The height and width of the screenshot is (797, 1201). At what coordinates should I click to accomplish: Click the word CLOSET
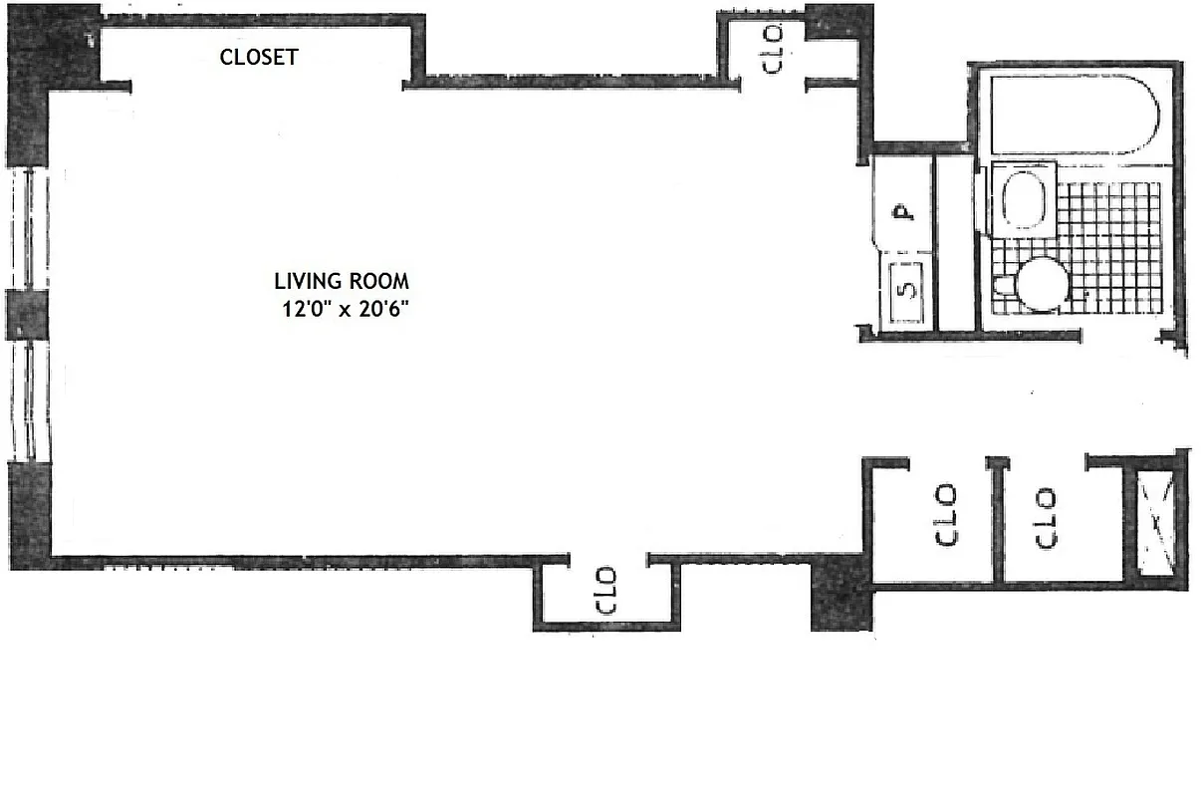tap(258, 57)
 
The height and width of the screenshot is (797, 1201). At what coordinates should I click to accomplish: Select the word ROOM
tap(380, 281)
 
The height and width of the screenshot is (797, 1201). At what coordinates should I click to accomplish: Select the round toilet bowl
tap(1042, 284)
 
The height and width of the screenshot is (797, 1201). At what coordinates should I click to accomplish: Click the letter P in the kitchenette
tap(902, 211)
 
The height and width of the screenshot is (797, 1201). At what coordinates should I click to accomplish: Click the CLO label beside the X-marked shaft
tap(1046, 517)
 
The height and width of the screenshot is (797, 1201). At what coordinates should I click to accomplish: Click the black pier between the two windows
tap(27, 314)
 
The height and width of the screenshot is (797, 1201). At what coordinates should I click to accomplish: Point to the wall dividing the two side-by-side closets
tap(999, 520)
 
